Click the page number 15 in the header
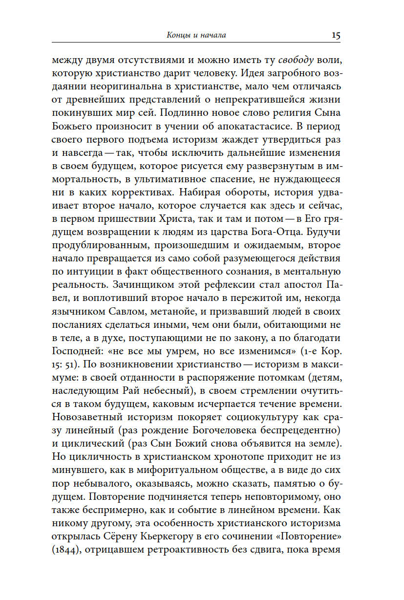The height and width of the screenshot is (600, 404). click(x=336, y=35)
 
